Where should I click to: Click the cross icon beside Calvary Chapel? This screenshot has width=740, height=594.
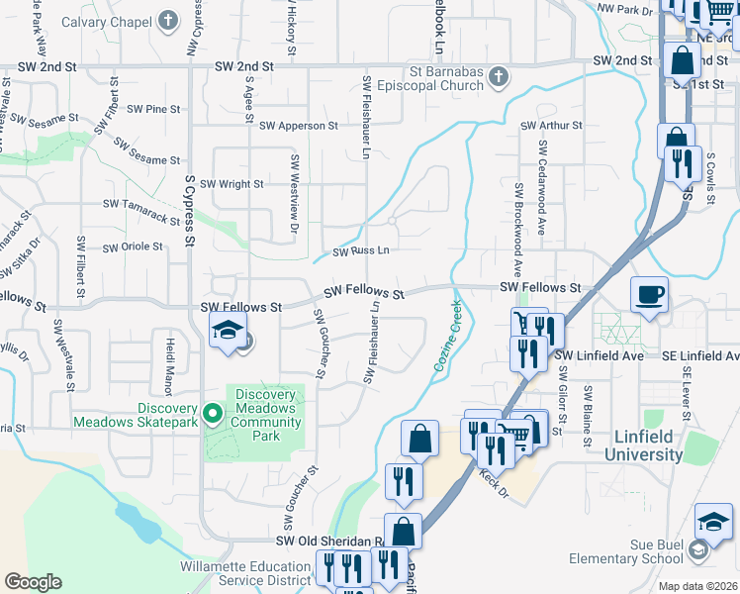point(169,21)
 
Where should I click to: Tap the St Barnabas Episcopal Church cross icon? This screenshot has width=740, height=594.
point(499,76)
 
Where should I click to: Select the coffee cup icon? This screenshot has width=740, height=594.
point(649,295)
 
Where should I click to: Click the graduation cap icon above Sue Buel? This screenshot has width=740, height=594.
point(713,522)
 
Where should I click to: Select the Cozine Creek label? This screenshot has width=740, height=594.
point(447,337)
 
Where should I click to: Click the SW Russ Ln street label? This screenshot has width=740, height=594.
point(360,251)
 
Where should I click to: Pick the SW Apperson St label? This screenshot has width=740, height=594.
point(299,127)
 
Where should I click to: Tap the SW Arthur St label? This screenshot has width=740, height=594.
point(551,126)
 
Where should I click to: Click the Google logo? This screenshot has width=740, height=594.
point(33,582)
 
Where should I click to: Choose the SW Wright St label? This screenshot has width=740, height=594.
point(231,184)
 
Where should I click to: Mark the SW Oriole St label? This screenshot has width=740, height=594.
point(133,247)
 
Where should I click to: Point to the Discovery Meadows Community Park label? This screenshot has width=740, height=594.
point(265,415)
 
